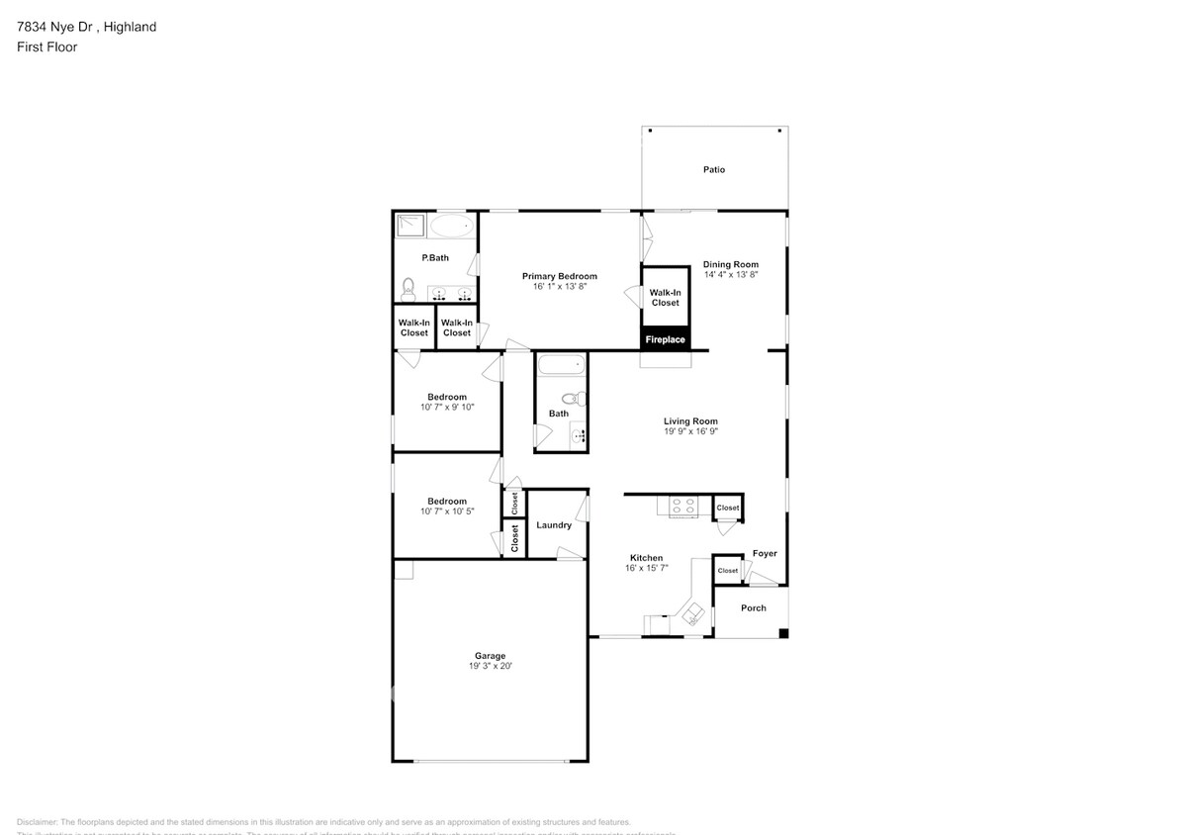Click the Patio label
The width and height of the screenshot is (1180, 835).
(x=714, y=170)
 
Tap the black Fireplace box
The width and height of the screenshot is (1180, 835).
(x=666, y=339)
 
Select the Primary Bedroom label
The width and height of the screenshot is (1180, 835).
(x=560, y=276)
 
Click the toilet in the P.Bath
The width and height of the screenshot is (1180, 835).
(x=408, y=289)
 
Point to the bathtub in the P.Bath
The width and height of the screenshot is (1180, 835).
(x=452, y=227)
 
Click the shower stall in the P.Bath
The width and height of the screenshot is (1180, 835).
(x=410, y=227)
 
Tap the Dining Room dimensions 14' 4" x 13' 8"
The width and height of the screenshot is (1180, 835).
(x=731, y=274)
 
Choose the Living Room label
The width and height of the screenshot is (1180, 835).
(x=690, y=421)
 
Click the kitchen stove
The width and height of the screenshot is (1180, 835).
(x=682, y=507)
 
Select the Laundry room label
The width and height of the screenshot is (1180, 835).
(x=554, y=525)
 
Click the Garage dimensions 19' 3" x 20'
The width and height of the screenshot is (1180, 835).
(x=491, y=667)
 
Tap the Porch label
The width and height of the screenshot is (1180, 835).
(x=754, y=608)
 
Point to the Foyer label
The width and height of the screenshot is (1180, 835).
(x=765, y=554)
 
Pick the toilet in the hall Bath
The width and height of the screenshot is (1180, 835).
(x=580, y=399)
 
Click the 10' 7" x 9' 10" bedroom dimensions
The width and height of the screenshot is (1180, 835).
(x=448, y=407)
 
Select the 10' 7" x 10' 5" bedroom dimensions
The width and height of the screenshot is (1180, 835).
(x=447, y=511)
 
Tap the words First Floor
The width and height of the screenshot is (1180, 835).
(x=46, y=46)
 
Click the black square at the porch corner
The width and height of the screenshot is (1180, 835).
(x=783, y=633)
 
